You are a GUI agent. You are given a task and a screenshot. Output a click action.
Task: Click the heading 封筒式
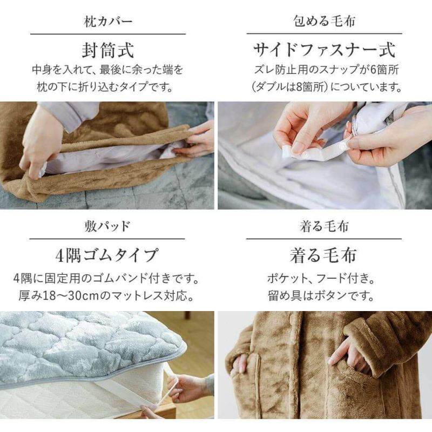coord(107,50)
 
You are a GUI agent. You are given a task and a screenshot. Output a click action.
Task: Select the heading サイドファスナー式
coord(325,50)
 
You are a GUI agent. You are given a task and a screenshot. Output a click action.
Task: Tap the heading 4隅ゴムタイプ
coord(107,255)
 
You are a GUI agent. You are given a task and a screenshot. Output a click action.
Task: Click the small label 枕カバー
coord(108,22)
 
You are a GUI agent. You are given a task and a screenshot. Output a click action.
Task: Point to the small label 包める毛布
coord(325,21)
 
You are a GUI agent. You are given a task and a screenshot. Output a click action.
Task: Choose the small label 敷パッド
coord(107,226)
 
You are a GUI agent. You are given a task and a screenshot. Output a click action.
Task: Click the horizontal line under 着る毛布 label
coord(324,239)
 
